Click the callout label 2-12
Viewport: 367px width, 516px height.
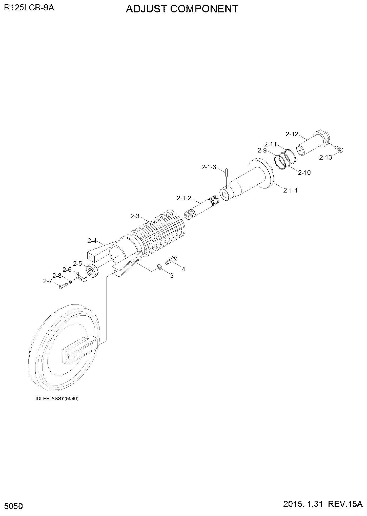click(292, 134)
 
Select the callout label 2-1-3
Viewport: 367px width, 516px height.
click(209, 167)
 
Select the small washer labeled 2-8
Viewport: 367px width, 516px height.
click(70, 282)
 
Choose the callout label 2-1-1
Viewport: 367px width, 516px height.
click(290, 190)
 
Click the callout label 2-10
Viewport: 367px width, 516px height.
click(304, 173)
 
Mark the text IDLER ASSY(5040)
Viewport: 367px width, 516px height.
click(57, 398)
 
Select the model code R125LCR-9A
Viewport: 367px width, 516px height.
click(29, 8)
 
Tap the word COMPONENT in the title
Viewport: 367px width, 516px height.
click(204, 9)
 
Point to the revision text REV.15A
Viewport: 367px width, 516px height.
click(345, 504)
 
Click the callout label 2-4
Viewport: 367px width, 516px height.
click(92, 241)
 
